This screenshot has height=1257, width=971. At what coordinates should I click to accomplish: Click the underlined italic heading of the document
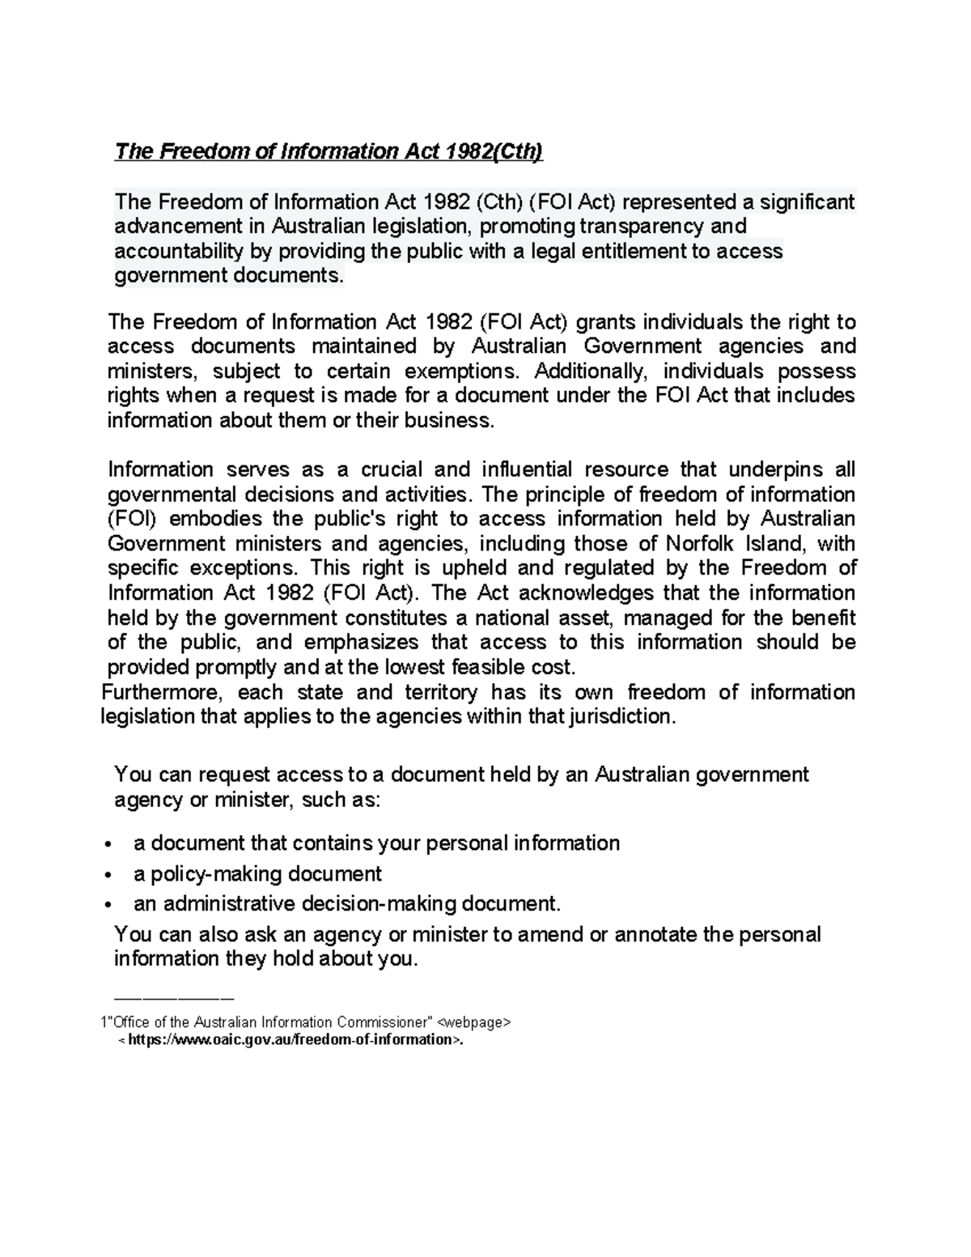pyautogui.click(x=329, y=151)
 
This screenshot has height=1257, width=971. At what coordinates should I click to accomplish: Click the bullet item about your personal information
pyautogui.click(x=376, y=843)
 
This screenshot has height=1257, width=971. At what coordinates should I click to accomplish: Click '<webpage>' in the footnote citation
pyautogui.click(x=473, y=1022)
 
